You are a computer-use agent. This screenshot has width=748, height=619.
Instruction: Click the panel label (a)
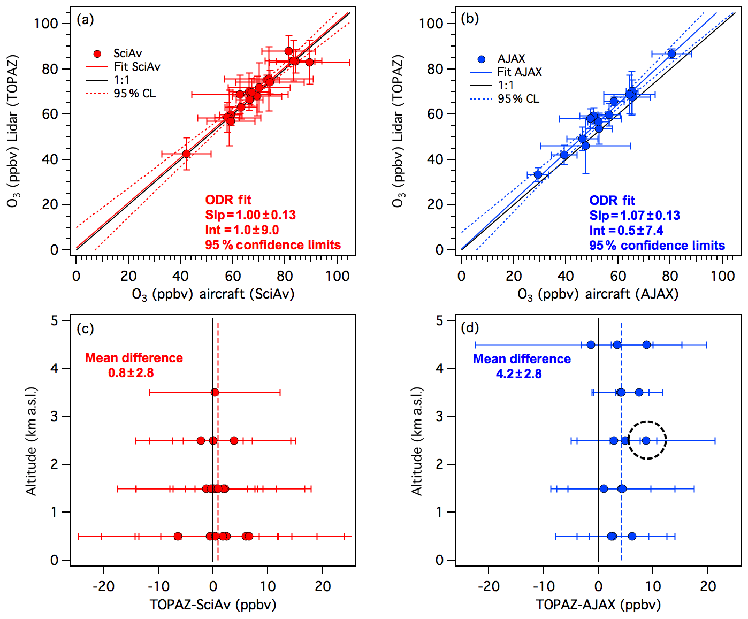click(x=85, y=20)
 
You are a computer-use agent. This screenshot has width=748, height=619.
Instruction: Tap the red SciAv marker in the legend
click(x=97, y=54)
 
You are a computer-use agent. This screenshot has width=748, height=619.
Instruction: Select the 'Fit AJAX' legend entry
click(x=519, y=72)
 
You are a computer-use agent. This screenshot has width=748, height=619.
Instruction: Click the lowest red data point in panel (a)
click(x=186, y=154)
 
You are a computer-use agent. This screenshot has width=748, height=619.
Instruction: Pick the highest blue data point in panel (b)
click(x=671, y=54)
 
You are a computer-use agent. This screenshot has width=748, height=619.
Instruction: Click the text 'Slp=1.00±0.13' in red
click(x=250, y=215)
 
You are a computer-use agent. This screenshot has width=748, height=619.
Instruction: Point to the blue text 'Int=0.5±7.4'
click(x=626, y=231)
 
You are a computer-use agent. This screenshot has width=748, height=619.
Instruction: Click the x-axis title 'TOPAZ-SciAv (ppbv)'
click(x=213, y=605)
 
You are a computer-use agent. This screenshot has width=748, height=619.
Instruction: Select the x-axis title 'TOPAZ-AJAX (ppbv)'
click(x=598, y=605)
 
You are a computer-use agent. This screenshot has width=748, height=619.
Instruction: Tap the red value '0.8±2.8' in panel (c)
click(x=131, y=373)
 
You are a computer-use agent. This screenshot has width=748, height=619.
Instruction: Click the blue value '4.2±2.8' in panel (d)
click(x=518, y=374)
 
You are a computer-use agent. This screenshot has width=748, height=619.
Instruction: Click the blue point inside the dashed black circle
click(x=646, y=440)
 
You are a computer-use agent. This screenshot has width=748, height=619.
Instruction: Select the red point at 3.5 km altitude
click(x=215, y=393)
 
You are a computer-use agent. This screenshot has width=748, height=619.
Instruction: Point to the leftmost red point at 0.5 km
click(x=178, y=536)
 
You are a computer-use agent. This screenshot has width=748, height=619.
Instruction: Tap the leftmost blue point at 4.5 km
click(x=591, y=345)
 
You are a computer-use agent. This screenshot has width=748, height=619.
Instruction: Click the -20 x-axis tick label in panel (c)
click(x=103, y=586)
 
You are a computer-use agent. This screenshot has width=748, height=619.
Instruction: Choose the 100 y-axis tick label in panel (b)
click(x=431, y=24)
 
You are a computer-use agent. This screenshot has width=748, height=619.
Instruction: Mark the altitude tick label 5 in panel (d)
click(x=439, y=320)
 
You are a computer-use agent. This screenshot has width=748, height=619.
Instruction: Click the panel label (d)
click(x=470, y=328)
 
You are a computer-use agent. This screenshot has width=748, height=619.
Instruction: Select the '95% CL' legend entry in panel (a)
click(x=135, y=94)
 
